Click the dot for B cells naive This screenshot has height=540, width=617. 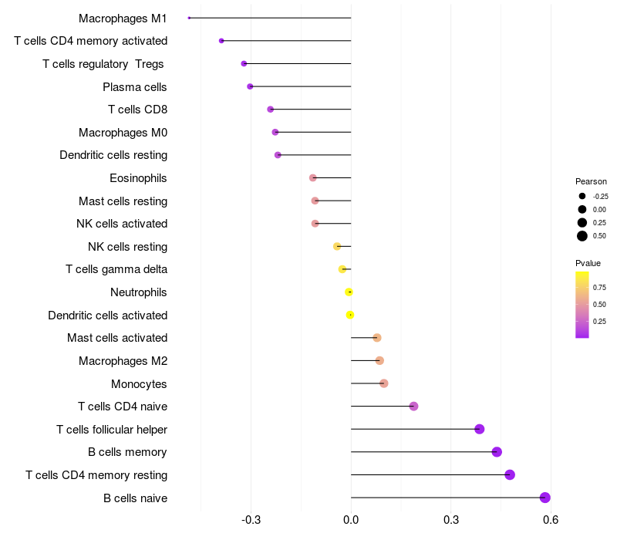(x=545, y=498)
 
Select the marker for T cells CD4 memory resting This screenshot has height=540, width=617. (x=510, y=474)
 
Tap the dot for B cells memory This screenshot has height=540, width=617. (x=497, y=452)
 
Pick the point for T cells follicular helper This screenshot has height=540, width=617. (x=480, y=429)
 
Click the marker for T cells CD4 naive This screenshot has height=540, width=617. (x=413, y=406)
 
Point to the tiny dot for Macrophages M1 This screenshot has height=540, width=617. (x=189, y=18)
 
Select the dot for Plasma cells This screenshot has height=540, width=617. (x=250, y=86)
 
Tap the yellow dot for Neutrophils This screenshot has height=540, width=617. (x=349, y=292)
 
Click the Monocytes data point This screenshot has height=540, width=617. (x=383, y=383)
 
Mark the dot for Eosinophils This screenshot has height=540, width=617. (x=312, y=178)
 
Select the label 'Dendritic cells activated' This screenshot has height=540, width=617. (x=107, y=316)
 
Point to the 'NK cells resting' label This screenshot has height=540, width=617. (x=127, y=247)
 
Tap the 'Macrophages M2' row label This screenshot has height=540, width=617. (x=123, y=361)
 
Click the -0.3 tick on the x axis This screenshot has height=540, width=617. (x=251, y=520)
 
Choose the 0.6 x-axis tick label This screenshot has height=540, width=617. (x=550, y=520)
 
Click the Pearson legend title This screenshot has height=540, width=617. (x=591, y=181)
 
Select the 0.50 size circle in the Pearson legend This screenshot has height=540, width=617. (x=582, y=236)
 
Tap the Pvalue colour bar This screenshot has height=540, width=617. (x=582, y=304)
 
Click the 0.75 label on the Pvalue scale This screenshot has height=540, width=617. (x=599, y=287)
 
